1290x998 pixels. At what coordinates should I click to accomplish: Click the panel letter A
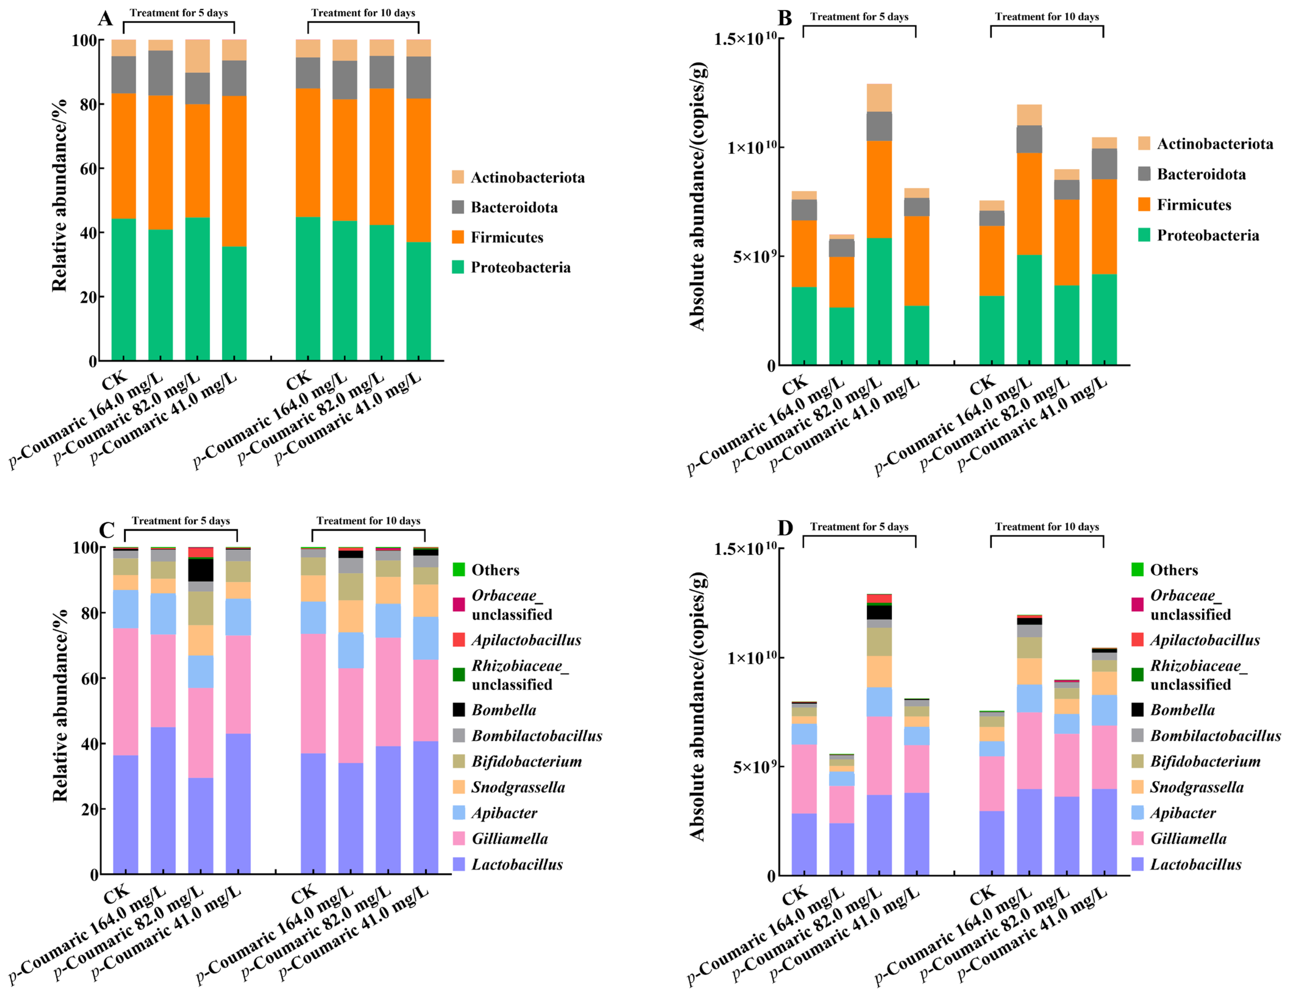click(x=105, y=18)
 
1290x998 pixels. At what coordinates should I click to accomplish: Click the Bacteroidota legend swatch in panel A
click(x=458, y=207)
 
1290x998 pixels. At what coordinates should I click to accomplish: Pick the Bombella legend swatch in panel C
click(x=459, y=710)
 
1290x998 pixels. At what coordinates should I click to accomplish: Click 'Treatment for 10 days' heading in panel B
click(x=1047, y=16)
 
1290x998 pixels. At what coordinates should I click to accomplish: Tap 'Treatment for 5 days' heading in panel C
click(x=181, y=521)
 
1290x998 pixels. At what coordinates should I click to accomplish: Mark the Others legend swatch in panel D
click(x=1138, y=570)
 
